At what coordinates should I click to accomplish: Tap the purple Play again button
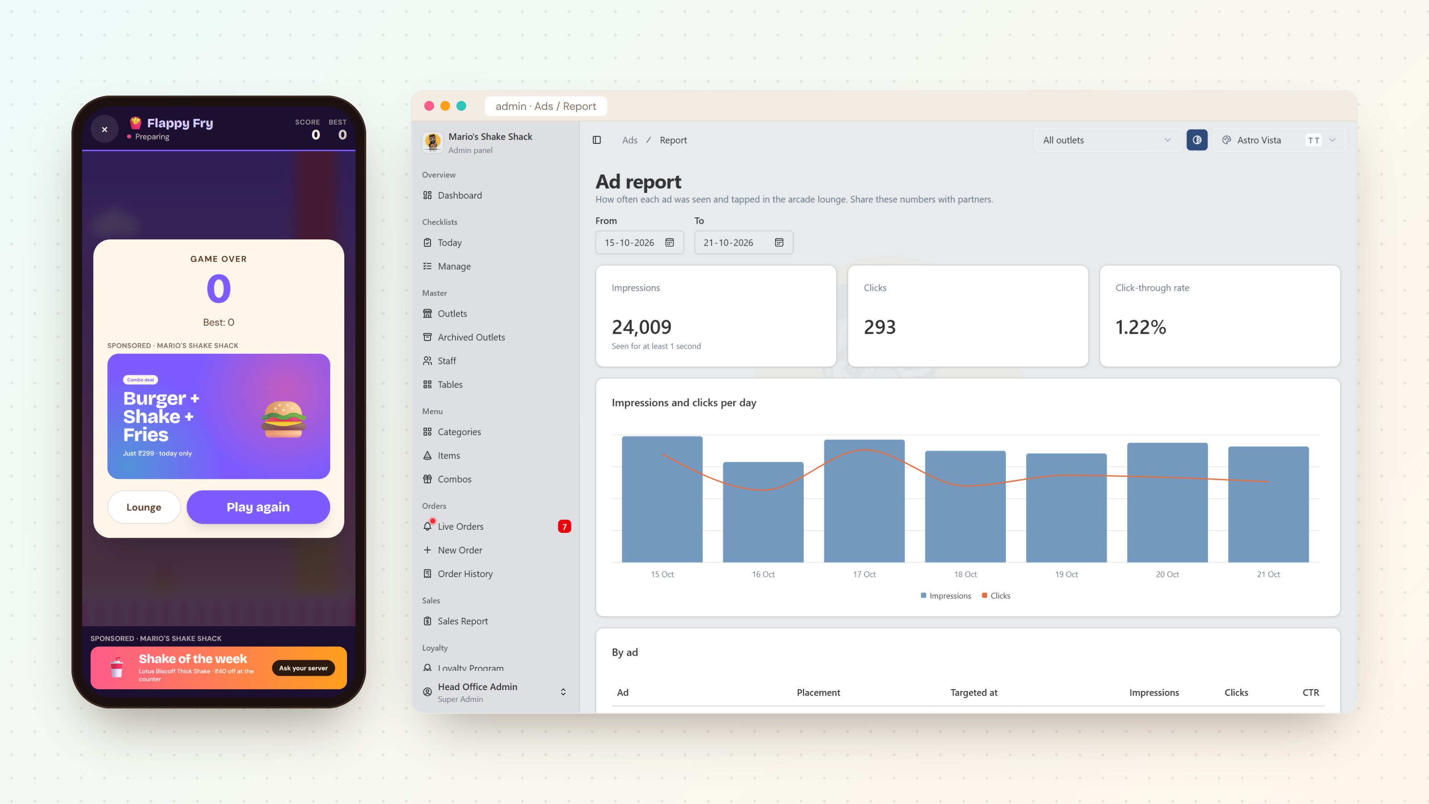click(x=258, y=507)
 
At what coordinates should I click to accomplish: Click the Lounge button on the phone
click(x=144, y=507)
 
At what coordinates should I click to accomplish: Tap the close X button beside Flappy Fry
click(x=104, y=129)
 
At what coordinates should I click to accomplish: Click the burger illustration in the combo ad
click(x=284, y=419)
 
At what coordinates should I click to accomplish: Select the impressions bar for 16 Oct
click(x=763, y=511)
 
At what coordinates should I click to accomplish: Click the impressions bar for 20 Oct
click(x=1167, y=502)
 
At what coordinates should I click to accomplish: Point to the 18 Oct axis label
click(x=965, y=574)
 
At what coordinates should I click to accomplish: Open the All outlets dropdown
click(x=1107, y=140)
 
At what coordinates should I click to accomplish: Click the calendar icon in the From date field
click(x=669, y=243)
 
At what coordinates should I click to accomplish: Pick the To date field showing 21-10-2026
click(x=744, y=243)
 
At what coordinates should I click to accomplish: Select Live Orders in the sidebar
click(x=460, y=526)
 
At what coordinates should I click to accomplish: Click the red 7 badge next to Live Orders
click(x=564, y=526)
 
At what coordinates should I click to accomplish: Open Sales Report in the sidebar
click(x=463, y=621)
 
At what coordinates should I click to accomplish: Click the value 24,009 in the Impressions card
click(x=641, y=327)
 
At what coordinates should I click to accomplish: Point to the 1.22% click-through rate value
click(x=1141, y=327)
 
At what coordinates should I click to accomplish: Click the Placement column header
click(x=818, y=692)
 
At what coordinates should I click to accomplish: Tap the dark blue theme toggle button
click(x=1197, y=140)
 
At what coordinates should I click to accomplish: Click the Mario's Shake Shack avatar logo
click(x=432, y=142)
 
